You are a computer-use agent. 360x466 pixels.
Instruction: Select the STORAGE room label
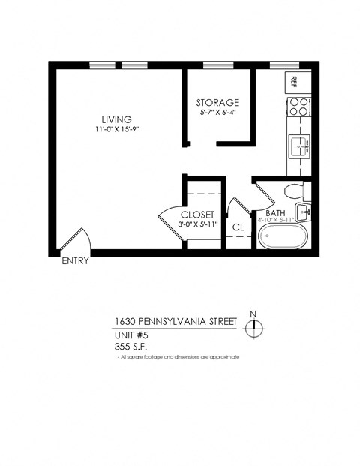[x=217, y=102]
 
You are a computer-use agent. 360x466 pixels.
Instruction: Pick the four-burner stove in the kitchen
[x=299, y=106]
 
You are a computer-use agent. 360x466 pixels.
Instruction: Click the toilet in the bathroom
[x=293, y=191]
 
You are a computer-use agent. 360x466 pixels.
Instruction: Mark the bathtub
[x=283, y=238]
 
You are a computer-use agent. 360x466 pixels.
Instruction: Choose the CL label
[x=238, y=227]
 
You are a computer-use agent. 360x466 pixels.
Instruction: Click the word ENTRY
[x=74, y=262]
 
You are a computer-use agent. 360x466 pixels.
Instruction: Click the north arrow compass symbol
[x=256, y=325]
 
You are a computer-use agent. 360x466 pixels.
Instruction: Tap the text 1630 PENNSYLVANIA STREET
[x=175, y=321]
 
